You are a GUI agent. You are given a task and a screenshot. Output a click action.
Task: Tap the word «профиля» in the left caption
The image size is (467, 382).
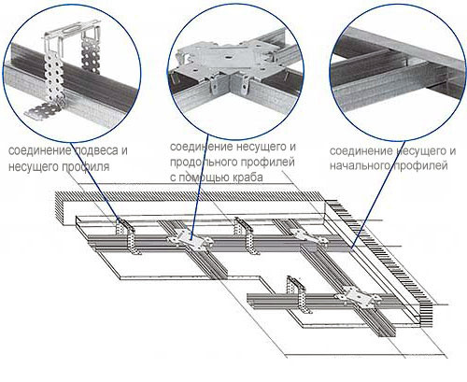click(x=85, y=167)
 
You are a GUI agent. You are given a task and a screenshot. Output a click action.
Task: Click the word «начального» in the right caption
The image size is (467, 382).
click(x=360, y=165)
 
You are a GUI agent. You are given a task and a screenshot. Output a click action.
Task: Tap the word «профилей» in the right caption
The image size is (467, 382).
click(x=420, y=165)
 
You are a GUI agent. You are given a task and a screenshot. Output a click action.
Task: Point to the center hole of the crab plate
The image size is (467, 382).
click(x=228, y=58)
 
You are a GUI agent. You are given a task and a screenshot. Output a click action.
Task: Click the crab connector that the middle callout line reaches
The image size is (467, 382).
click(x=191, y=240)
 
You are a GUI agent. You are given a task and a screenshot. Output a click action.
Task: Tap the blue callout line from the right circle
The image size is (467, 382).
click(x=378, y=195)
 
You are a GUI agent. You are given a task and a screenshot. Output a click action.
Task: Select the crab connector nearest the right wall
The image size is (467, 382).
click(x=308, y=235)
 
